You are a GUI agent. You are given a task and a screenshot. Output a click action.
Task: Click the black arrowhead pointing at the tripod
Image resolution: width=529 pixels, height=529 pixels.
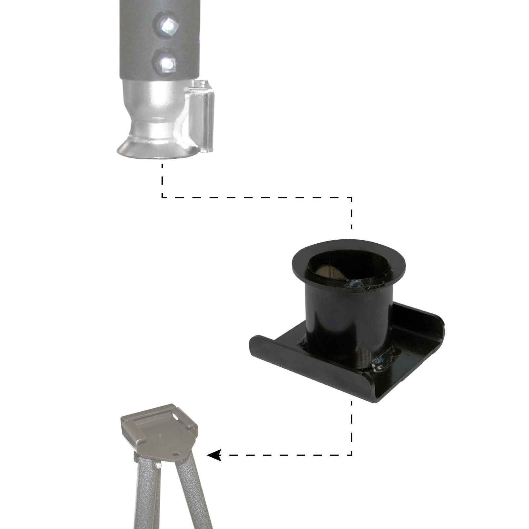[214, 455]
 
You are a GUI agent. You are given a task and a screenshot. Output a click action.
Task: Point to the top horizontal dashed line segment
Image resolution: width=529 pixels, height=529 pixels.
[258, 197]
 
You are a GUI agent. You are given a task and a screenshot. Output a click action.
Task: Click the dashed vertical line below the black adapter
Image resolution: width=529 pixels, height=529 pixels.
[351, 430]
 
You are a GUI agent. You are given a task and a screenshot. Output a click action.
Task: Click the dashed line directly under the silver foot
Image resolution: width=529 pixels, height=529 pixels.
[162, 180]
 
